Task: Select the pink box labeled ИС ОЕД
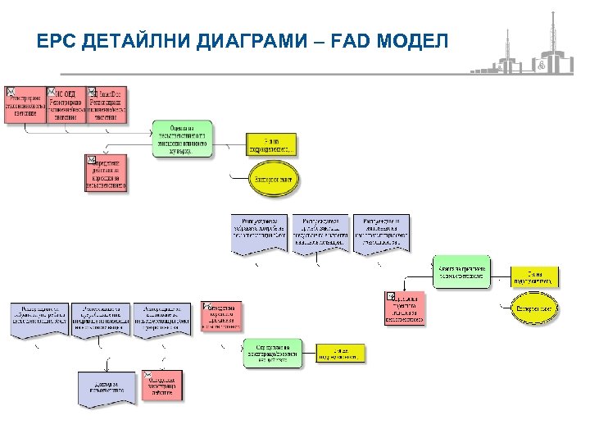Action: click(67, 105)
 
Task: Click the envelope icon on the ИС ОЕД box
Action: click(52, 91)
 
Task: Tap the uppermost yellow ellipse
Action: click(272, 178)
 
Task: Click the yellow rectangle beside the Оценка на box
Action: click(272, 144)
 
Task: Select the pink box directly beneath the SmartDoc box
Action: click(106, 173)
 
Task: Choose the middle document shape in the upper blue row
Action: click(319, 234)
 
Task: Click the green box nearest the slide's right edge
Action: click(462, 272)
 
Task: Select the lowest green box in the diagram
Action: click(272, 353)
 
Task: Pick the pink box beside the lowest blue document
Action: click(162, 386)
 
